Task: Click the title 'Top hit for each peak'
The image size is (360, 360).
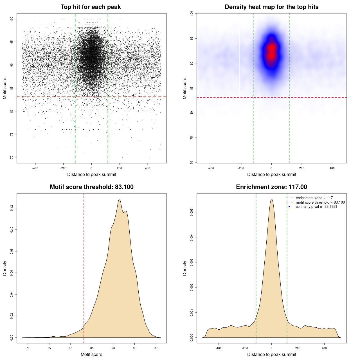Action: [x=91, y=7]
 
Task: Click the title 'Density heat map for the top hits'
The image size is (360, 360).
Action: [x=271, y=7]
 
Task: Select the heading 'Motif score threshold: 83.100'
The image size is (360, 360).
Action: [x=91, y=187]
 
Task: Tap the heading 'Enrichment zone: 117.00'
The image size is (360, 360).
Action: [x=271, y=187]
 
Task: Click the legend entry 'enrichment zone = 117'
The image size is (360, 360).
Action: [x=314, y=198]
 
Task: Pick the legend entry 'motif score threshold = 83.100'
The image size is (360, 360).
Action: [x=320, y=202]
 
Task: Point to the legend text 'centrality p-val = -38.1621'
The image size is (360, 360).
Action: [x=316, y=207]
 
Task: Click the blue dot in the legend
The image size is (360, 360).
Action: [x=289, y=207]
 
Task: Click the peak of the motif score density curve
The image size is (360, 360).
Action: [x=120, y=199]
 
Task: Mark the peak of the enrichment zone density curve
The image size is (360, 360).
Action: [x=271, y=199]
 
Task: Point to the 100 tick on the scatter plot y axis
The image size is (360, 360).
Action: [x=12, y=19]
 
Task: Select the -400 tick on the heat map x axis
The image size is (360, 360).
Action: [x=211, y=168]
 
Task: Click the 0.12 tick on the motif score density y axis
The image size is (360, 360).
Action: [x=12, y=208]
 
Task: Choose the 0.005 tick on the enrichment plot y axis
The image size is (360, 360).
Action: [x=192, y=212]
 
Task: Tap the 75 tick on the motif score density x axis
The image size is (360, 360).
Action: [x=49, y=348]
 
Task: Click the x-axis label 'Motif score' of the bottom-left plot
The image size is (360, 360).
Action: [x=91, y=354]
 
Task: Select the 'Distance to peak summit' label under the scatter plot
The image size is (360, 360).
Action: [x=92, y=174]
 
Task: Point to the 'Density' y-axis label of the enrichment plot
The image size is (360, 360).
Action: [x=185, y=268]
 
